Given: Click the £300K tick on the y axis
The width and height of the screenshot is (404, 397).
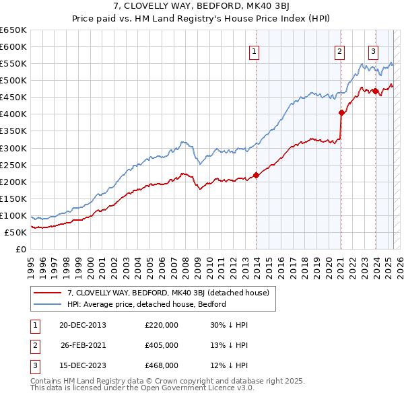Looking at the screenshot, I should [15, 148].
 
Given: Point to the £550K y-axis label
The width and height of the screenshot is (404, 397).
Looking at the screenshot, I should [15, 63].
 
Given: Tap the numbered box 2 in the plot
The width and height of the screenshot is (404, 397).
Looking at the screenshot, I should [340, 52].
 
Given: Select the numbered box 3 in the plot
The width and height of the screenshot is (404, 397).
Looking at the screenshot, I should [373, 52].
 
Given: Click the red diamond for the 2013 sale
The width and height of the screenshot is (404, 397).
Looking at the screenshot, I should [256, 175].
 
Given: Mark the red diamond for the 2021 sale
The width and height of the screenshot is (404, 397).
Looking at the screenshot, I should [341, 112].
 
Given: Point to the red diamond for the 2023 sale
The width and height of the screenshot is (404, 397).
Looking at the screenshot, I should [374, 91].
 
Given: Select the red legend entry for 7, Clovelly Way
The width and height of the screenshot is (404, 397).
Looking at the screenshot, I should [168, 293].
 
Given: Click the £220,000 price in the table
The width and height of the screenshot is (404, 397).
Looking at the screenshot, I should [162, 325].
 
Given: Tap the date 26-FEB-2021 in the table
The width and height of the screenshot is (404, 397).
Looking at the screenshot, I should [83, 345].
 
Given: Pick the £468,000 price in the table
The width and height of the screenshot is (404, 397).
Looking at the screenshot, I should [162, 365].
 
